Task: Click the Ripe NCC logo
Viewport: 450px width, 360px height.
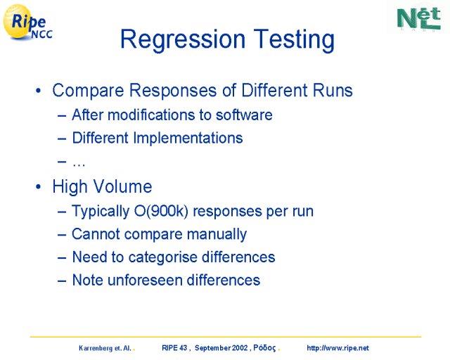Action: pos(27,22)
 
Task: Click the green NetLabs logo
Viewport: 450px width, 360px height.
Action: pos(419,19)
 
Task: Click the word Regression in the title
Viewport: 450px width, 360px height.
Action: pos(183,39)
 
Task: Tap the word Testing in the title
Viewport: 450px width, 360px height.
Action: pos(294,39)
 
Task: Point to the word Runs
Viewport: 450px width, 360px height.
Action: pos(333,91)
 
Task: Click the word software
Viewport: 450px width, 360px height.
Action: pos(244,115)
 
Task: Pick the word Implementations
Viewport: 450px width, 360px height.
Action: pos(188,138)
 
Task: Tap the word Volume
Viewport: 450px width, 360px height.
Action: pos(123,186)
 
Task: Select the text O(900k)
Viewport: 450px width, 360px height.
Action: pos(161,212)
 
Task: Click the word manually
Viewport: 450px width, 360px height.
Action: pos(217,235)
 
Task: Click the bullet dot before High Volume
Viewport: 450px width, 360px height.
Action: pos(39,187)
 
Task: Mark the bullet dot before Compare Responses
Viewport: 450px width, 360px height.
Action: pos(39,91)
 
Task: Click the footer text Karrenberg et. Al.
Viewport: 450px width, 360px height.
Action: pos(105,348)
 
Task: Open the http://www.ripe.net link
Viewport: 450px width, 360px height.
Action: pos(337,348)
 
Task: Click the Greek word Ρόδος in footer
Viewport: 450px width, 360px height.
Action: pos(264,348)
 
